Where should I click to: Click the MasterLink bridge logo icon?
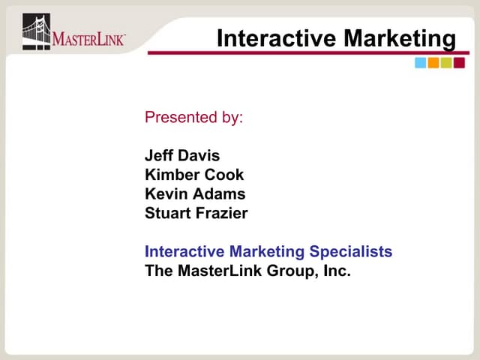coord(36,31)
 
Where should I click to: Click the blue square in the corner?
coord(421,63)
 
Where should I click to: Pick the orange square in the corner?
coord(433,63)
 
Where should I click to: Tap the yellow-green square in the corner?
coord(446,63)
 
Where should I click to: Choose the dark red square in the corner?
coord(459,63)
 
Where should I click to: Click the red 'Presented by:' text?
coord(193,118)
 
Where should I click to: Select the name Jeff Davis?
coord(182,156)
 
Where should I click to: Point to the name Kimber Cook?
coord(194,175)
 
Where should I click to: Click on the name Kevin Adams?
coord(194,194)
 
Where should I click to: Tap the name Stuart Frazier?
coord(196,214)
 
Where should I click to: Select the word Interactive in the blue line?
coord(185,251)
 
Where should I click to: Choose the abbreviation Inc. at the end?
coord(335,271)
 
